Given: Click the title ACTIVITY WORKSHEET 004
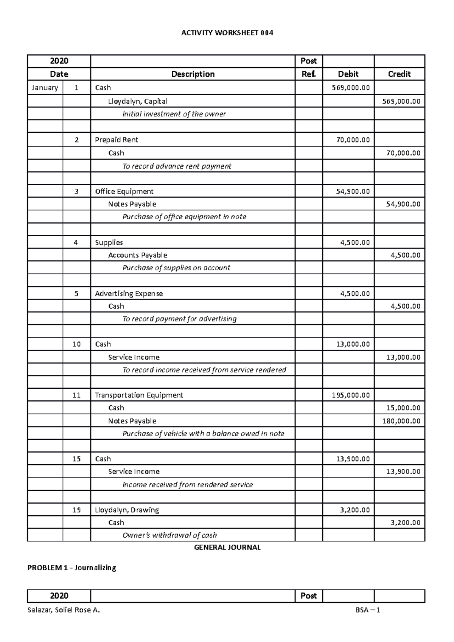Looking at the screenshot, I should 227,33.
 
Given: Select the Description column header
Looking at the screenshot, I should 193,74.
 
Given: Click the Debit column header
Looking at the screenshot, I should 348,74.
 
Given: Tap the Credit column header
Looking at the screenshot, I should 399,74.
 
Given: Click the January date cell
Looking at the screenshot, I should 45,88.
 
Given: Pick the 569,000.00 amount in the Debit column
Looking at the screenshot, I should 351,88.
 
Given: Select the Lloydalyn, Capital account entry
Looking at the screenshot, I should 137,101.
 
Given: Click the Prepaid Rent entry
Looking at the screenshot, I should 116,140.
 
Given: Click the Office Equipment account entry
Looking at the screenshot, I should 124,191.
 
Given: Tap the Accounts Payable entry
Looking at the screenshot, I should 137,255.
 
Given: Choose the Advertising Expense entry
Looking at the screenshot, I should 129,294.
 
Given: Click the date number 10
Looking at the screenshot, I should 76,344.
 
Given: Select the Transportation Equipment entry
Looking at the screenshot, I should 139,395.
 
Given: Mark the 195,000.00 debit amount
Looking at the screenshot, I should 351,395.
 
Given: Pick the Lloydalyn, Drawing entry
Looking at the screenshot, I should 127,510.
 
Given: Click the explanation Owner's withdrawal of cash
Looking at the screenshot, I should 169,535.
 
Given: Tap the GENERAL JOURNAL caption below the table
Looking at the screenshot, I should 227,547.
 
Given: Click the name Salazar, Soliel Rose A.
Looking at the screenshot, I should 64,610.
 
